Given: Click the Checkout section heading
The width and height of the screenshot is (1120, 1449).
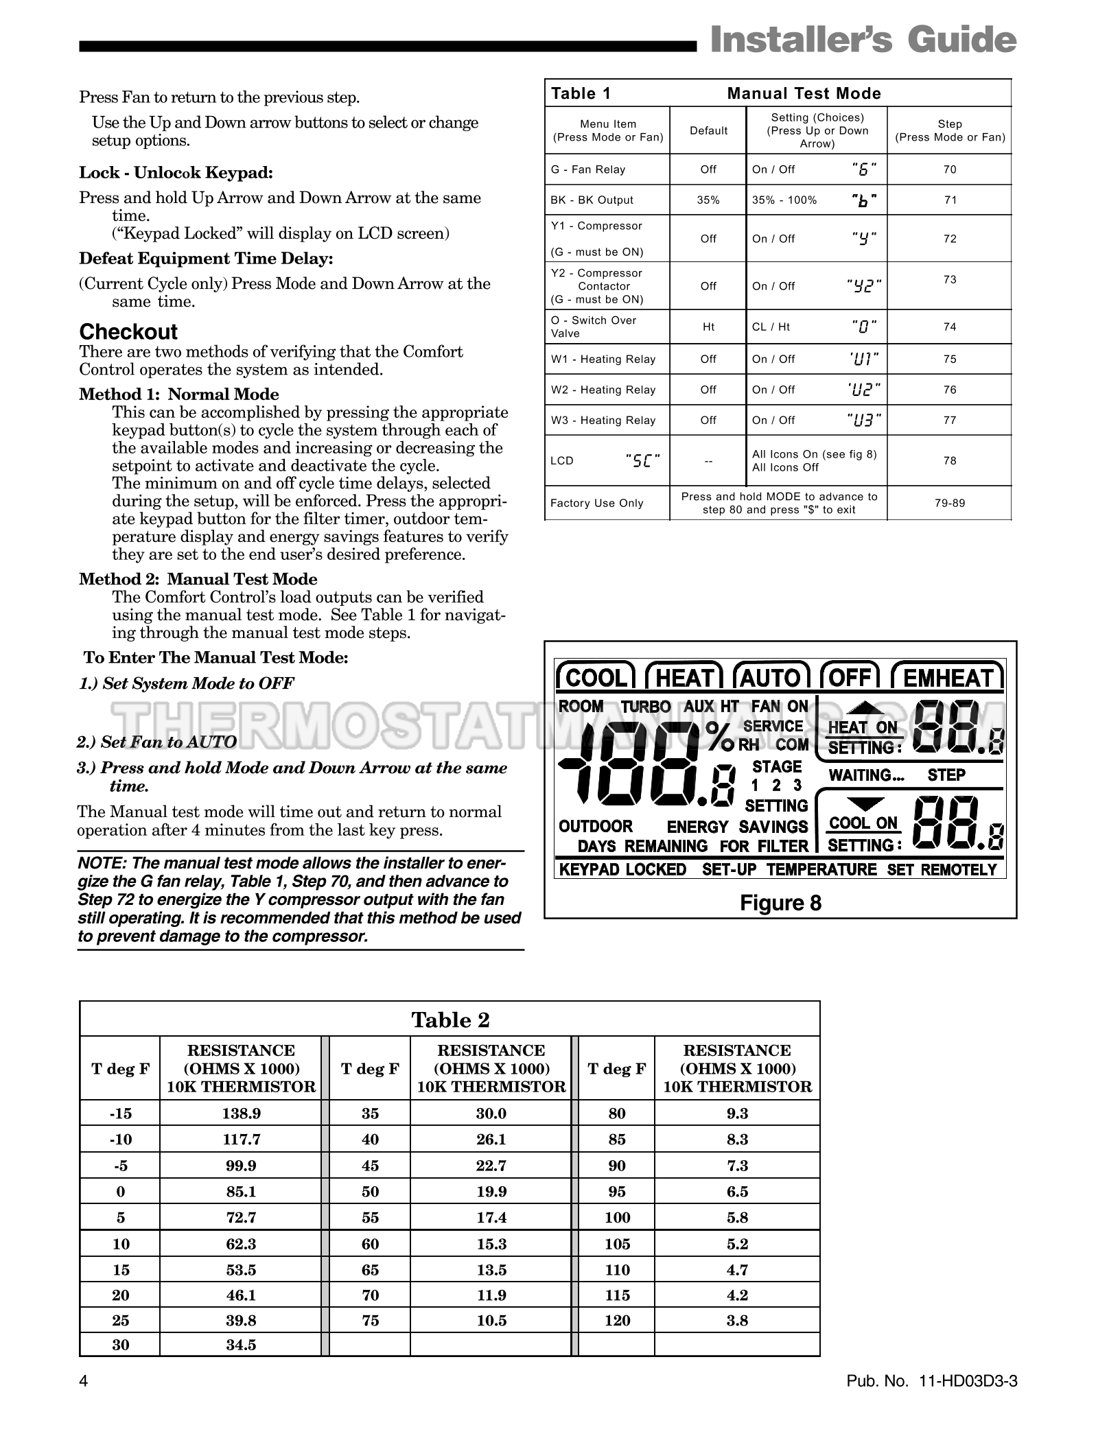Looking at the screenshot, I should [x=128, y=332].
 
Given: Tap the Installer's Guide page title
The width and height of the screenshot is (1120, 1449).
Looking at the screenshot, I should [x=863, y=40].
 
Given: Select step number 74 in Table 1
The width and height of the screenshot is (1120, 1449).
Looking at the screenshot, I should [x=949, y=327].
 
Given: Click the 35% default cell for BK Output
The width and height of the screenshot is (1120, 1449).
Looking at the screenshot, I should [x=708, y=200].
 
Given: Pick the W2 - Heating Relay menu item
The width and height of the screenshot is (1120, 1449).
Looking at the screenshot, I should [x=603, y=390].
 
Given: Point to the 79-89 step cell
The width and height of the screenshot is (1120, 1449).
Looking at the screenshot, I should [x=949, y=503].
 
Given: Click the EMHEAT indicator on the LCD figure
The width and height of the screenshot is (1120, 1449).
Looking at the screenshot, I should [x=947, y=678].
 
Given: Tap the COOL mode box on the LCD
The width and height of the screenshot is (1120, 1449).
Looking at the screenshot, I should [x=596, y=678].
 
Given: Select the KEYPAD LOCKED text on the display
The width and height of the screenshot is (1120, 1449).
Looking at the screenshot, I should [x=622, y=870].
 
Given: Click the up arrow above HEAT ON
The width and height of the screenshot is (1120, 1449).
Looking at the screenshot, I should [x=863, y=709].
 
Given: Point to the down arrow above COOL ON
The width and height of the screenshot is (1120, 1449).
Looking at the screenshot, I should [x=863, y=804].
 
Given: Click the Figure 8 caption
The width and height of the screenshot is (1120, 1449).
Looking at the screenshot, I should [x=780, y=903].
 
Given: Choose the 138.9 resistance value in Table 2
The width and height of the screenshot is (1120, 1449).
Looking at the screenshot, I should [x=241, y=1114].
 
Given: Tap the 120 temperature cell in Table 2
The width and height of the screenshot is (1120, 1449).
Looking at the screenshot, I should [x=617, y=1320].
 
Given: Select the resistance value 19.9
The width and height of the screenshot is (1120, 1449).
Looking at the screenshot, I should [x=491, y=1192].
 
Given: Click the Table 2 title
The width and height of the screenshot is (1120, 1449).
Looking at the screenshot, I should [x=450, y=1020].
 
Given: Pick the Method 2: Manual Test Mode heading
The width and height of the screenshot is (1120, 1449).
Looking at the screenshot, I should [x=198, y=579].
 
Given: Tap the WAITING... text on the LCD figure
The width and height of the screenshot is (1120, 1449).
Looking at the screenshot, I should [x=867, y=775].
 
